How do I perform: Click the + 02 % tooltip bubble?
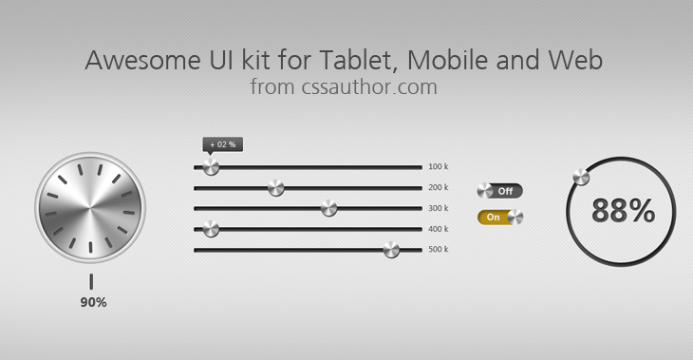point(222,144)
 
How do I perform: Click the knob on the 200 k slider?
point(275,187)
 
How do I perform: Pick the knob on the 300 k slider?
point(328,208)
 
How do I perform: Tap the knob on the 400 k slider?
point(211,229)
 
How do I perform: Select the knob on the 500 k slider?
point(390,250)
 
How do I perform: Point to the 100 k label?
point(438,166)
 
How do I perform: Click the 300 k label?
point(438,208)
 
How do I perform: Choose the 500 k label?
point(438,250)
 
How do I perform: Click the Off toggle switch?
point(499,191)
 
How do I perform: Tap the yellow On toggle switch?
point(500,218)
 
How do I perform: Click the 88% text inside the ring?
point(623,211)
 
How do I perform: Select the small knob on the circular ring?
point(580,178)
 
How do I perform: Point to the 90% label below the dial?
point(93,302)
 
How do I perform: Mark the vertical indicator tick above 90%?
point(91,281)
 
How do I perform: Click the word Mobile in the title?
point(451,61)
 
